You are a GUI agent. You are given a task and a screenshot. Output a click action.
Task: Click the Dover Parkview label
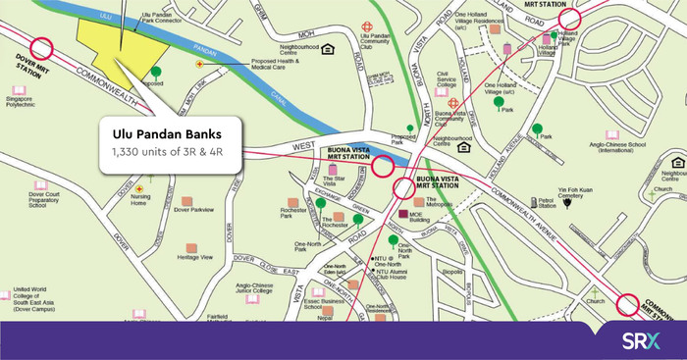click(193, 210)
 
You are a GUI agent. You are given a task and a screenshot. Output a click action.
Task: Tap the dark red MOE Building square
click(401, 213)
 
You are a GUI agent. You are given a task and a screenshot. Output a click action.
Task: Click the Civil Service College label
click(447, 79)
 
